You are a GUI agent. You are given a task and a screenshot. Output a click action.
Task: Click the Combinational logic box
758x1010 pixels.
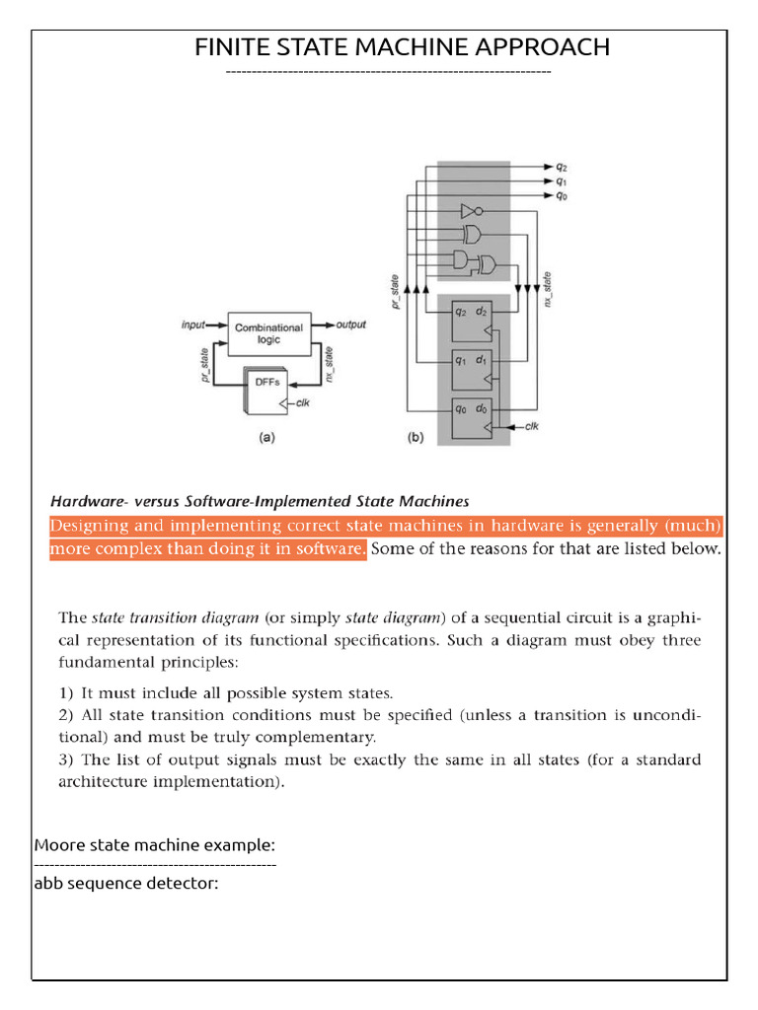coord(269,332)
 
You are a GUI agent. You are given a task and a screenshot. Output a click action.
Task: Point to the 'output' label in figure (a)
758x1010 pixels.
coord(351,324)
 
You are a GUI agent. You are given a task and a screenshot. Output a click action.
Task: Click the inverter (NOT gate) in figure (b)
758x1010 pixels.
coord(469,211)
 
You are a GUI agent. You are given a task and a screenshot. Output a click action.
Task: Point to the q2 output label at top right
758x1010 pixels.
coord(561,167)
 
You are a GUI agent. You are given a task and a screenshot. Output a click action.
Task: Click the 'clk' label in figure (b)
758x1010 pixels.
coord(531,426)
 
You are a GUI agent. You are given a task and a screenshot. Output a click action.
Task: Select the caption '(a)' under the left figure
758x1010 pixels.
coord(265,440)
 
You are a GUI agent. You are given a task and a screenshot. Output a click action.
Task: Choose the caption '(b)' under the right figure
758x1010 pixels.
coord(416,440)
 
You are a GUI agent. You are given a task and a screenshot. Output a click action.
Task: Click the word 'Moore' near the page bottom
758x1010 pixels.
coord(57,845)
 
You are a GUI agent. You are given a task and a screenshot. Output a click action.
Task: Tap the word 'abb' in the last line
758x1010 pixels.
coord(47,883)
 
